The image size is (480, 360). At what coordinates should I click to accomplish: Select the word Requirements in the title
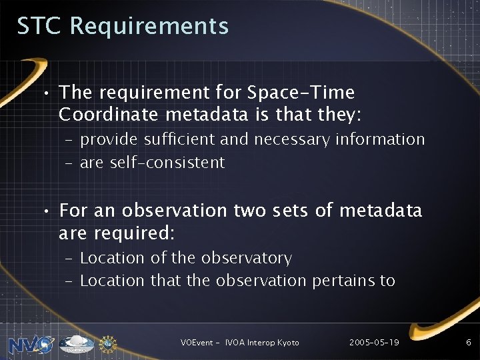coord(149,27)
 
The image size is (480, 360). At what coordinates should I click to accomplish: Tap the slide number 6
coord(468,342)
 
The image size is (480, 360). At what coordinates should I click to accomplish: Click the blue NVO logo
coord(31,343)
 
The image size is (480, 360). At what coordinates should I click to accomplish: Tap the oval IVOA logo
coord(77,343)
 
